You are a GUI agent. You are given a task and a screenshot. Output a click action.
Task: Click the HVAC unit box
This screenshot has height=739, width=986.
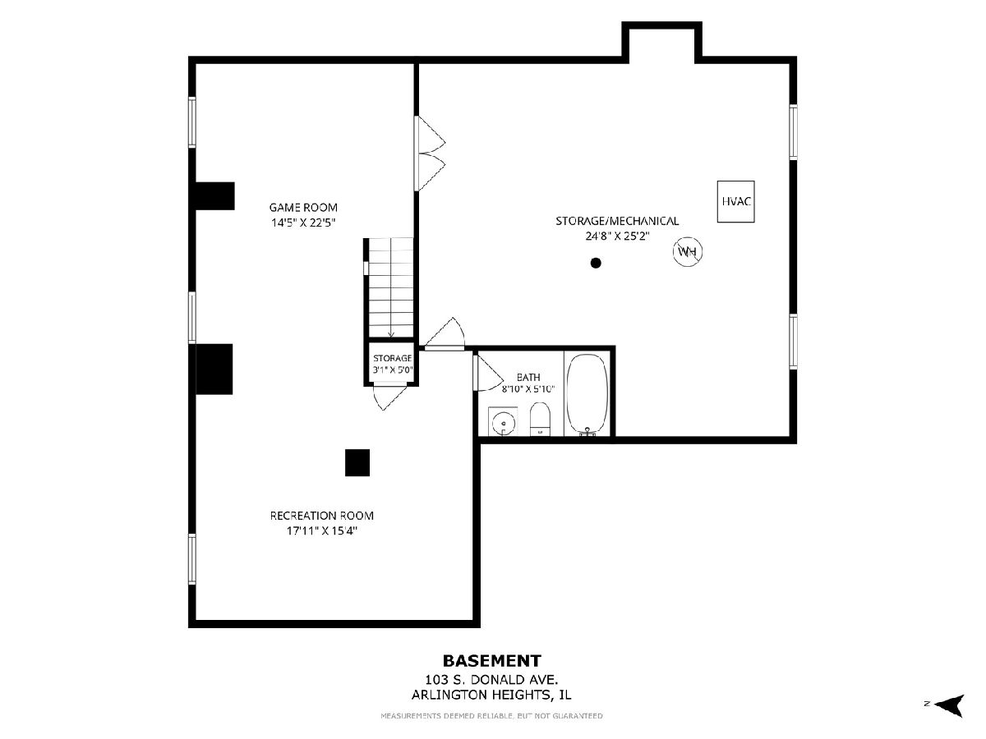point(735,201)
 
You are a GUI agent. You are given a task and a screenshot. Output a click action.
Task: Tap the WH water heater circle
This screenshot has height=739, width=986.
point(687,251)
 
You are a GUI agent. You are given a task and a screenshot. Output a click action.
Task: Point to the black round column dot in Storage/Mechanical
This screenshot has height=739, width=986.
point(596,263)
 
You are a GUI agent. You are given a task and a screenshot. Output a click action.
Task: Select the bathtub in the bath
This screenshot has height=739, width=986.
point(587,395)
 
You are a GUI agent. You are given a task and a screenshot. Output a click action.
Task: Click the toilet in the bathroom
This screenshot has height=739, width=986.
point(540,419)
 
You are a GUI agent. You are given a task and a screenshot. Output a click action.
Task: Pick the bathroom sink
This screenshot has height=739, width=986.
point(503,421)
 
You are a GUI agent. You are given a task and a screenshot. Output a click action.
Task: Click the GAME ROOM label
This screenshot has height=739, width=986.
point(303,207)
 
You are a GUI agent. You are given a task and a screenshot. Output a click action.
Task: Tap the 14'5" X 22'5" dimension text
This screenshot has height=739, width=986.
point(303,223)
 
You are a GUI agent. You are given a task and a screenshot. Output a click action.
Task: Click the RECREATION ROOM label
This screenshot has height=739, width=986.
point(321,516)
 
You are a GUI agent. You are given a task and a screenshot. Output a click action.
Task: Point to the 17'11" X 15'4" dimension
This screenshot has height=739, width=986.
point(321,530)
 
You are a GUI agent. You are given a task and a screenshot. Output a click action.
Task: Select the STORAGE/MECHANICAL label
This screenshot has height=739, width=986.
point(617,221)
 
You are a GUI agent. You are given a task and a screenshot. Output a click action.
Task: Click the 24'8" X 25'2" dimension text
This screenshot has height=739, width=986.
point(617,236)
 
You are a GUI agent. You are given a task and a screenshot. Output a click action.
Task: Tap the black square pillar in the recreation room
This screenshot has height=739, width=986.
point(357,462)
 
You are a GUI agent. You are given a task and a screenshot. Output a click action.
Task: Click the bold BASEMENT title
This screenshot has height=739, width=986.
point(492,661)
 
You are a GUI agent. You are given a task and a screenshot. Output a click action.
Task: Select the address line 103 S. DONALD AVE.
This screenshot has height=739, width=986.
point(492,679)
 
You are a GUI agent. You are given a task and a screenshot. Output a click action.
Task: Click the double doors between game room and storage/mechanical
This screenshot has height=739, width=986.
point(430,154)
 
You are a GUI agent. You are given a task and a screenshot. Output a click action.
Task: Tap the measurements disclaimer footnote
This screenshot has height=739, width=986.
point(492,716)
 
